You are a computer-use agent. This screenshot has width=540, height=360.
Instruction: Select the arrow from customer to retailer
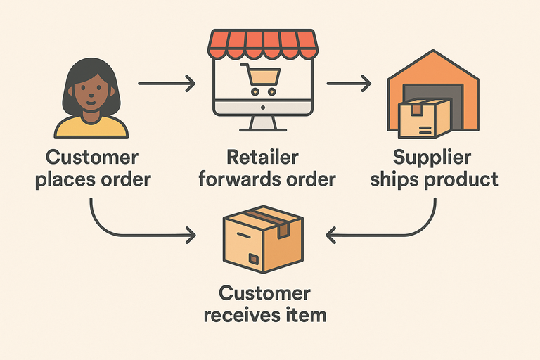point(166,85)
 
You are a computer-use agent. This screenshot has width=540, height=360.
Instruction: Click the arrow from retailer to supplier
point(348,85)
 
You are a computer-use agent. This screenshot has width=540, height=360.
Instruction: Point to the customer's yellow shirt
point(91,126)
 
